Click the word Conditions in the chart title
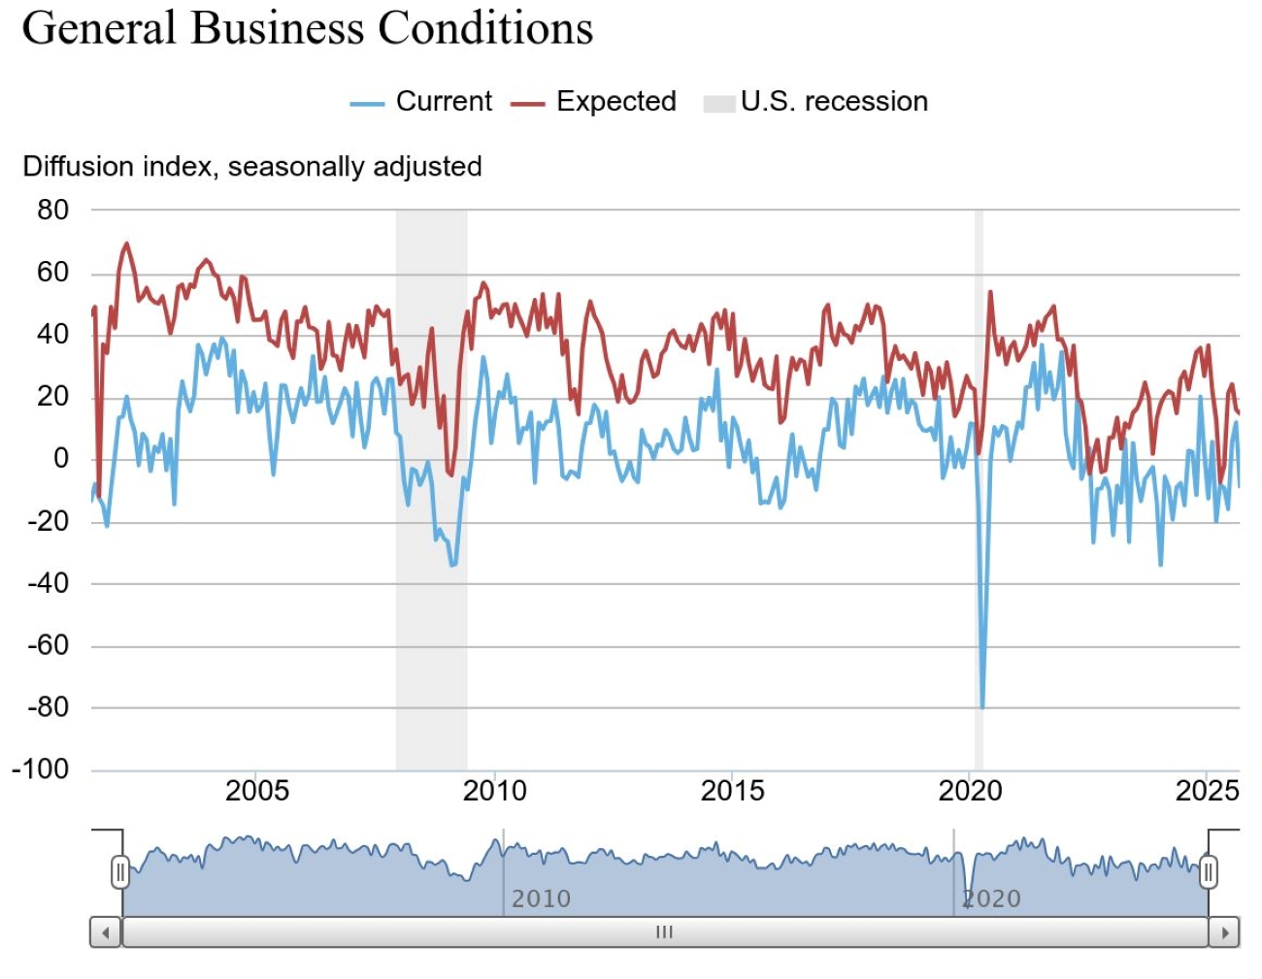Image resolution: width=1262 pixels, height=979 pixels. click(485, 27)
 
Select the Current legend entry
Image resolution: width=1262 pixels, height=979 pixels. click(421, 102)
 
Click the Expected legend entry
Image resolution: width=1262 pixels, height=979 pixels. click(593, 102)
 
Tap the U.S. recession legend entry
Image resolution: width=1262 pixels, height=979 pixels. click(815, 102)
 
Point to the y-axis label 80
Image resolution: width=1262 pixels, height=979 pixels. click(53, 210)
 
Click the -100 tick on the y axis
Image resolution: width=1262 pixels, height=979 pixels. click(41, 769)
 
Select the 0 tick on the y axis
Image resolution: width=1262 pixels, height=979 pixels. click(60, 458)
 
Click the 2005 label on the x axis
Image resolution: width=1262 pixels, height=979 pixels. click(257, 791)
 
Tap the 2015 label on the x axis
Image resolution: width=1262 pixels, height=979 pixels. click(732, 791)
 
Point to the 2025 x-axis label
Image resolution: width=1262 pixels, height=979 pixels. click(1207, 791)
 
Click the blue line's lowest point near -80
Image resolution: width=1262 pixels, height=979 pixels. click(982, 706)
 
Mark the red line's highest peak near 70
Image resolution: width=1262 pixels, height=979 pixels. click(126, 244)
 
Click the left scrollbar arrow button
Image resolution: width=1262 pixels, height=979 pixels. click(105, 932)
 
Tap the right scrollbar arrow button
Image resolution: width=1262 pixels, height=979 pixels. click(1225, 932)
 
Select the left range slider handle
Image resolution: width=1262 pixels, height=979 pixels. click(120, 871)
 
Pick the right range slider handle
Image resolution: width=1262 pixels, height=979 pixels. click(1209, 871)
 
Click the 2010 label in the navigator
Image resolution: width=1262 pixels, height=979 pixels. click(541, 898)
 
